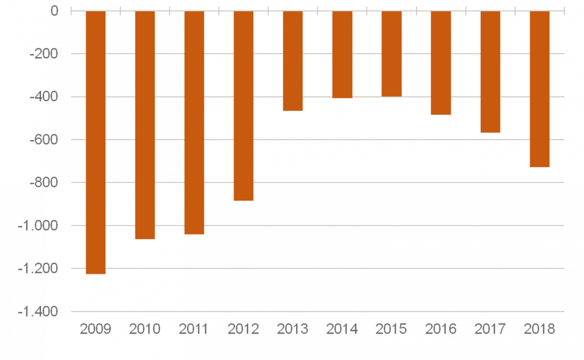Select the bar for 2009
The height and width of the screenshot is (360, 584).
(x=95, y=142)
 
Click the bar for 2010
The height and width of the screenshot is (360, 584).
(x=145, y=125)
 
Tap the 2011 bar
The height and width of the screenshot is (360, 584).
(x=194, y=123)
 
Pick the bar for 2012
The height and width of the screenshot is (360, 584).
(x=243, y=106)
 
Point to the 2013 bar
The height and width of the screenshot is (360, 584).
(x=292, y=61)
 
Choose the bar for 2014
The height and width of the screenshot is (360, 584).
(x=342, y=55)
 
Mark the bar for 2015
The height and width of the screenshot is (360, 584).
(x=391, y=54)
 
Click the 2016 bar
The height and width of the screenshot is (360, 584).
(x=441, y=63)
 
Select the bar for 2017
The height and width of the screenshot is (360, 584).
(x=490, y=72)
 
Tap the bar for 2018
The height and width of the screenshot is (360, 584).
(x=539, y=89)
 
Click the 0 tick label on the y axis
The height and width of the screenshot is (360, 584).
(x=54, y=11)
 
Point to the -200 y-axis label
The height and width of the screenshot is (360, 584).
(x=44, y=54)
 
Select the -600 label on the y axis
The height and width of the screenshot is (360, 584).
(x=44, y=140)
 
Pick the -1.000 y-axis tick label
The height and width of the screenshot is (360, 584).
(x=38, y=226)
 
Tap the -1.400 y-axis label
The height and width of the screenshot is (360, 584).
(x=38, y=312)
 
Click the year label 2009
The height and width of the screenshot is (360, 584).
(x=95, y=329)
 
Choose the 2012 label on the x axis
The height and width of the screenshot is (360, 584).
(x=243, y=329)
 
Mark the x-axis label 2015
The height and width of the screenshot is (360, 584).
(x=391, y=329)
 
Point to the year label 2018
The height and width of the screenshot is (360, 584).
(x=539, y=329)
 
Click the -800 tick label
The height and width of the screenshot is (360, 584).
(x=44, y=183)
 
